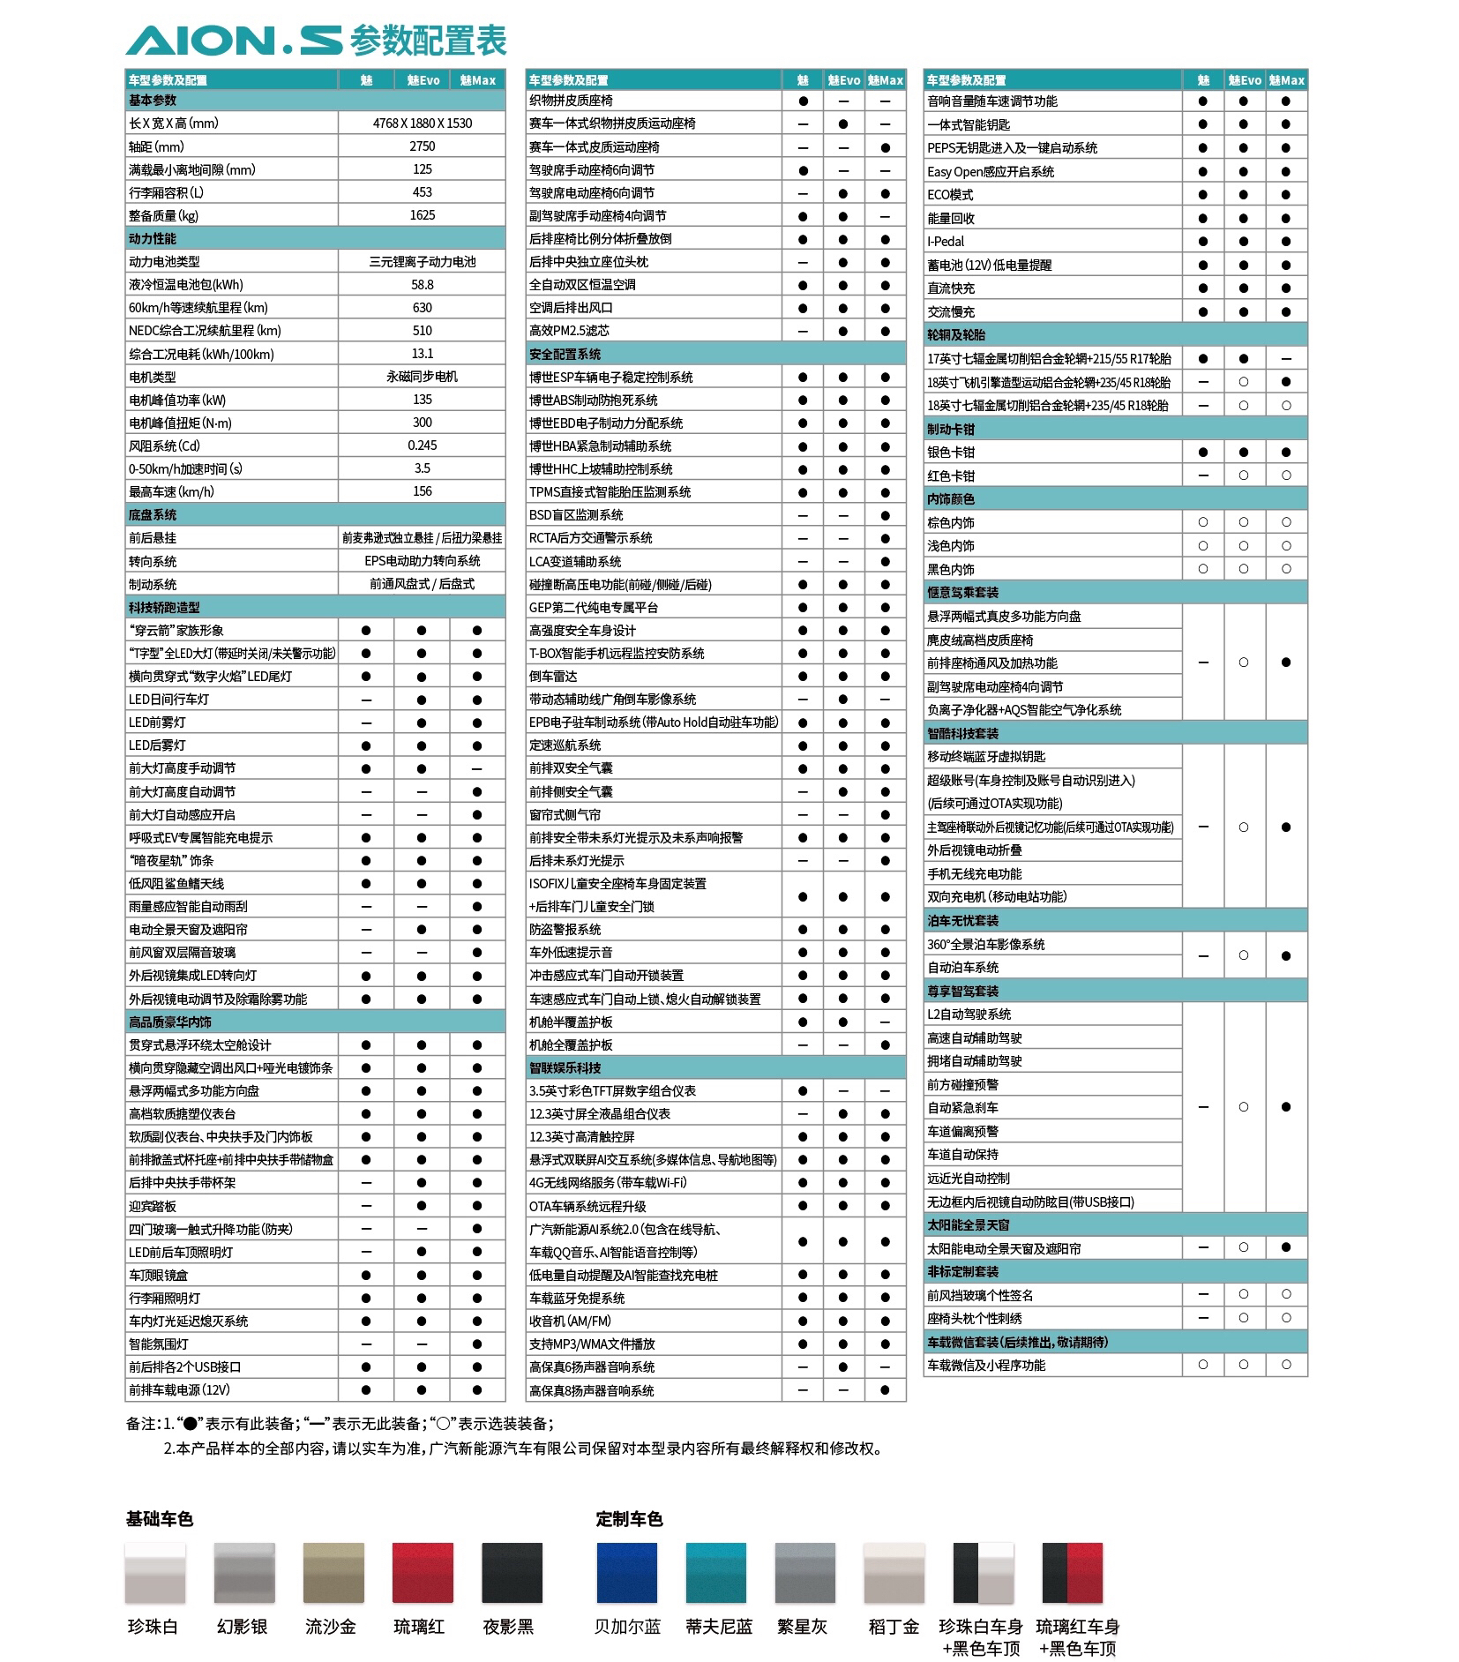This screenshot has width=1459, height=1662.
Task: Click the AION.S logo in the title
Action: [x=233, y=41]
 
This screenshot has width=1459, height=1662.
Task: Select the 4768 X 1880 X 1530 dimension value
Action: [x=422, y=124]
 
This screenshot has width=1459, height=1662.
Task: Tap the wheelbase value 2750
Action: [x=422, y=146]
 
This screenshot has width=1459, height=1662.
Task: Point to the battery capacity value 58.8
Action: [x=422, y=285]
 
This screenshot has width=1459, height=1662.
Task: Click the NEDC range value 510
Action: [x=422, y=331]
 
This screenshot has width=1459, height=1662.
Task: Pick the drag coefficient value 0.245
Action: [x=422, y=445]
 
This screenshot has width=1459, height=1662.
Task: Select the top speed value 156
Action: [x=422, y=491]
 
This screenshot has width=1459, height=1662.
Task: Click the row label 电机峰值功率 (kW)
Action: [x=177, y=400]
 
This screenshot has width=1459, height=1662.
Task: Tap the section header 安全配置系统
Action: [x=565, y=354]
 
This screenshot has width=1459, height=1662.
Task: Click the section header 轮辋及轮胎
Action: [x=956, y=335]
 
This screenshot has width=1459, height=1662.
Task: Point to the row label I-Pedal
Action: [x=946, y=242]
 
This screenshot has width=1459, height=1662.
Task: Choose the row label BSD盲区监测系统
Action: [x=576, y=515]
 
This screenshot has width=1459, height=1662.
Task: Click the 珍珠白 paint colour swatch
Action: [x=155, y=1572]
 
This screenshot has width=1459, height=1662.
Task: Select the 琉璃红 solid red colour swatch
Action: [x=423, y=1572]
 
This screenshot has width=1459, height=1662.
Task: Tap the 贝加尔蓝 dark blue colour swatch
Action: [x=626, y=1572]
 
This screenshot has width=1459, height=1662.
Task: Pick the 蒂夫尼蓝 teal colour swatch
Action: [x=716, y=1572]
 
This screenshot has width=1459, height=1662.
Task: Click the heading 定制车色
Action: [x=629, y=1518]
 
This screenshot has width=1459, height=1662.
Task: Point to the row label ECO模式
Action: [x=950, y=195]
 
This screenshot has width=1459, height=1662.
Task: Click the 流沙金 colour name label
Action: [x=331, y=1626]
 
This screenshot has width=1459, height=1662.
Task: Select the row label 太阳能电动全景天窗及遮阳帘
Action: [x=1004, y=1248]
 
